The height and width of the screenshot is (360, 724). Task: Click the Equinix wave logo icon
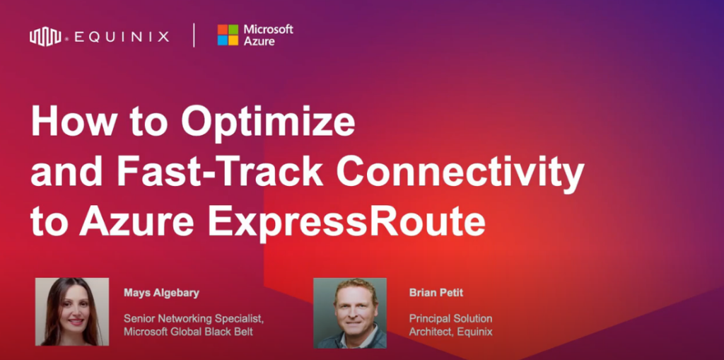pyautogui.click(x=45, y=37)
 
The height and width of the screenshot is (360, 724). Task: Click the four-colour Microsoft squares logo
pyautogui.click(x=228, y=35)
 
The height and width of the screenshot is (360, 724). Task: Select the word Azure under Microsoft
pyautogui.click(x=259, y=42)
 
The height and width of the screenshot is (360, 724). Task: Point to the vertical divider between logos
pyautogui.click(x=194, y=35)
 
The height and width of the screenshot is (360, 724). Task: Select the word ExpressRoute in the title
pyautogui.click(x=346, y=223)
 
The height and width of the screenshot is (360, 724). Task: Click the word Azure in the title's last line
pyautogui.click(x=136, y=223)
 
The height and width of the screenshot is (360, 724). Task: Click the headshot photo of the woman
pyautogui.click(x=72, y=312)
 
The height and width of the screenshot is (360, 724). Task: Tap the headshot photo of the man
pyautogui.click(x=350, y=313)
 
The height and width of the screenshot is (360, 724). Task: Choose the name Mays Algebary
pyautogui.click(x=161, y=293)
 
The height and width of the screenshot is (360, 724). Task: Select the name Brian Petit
pyautogui.click(x=436, y=293)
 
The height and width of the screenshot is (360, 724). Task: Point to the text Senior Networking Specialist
pyautogui.click(x=194, y=319)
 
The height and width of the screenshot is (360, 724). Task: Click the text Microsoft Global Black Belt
pyautogui.click(x=188, y=332)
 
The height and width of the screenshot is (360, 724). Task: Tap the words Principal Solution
pyautogui.click(x=450, y=319)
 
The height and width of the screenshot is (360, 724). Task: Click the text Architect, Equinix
pyautogui.click(x=450, y=332)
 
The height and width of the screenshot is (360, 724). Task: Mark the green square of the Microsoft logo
pyautogui.click(x=233, y=30)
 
